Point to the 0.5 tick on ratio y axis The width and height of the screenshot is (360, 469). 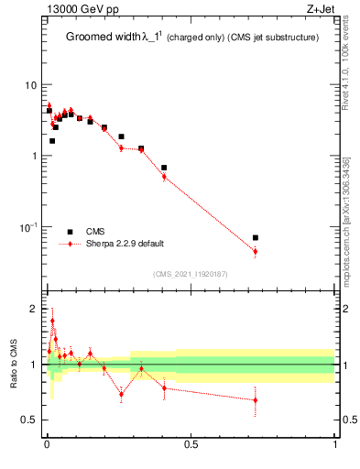coord(30,420)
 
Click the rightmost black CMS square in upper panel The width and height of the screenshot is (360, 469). coord(256,237)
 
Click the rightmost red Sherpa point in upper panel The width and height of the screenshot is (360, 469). coord(256,251)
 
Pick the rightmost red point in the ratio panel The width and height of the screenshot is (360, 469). coord(256,399)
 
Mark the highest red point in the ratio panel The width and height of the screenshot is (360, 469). coord(52,321)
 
